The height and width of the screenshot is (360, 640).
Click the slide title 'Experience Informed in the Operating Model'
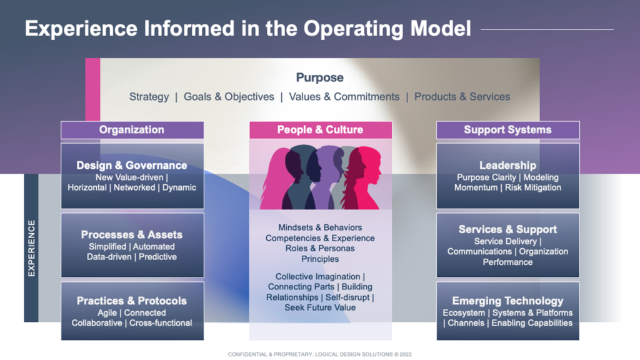point(248,29)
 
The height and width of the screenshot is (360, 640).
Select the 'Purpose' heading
point(319,77)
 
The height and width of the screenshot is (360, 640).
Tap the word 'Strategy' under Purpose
point(149,97)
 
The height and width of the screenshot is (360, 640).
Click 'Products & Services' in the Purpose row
point(462,97)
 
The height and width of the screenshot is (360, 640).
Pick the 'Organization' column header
point(132,130)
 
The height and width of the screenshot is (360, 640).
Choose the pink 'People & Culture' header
point(320,130)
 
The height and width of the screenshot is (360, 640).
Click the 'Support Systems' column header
point(507,130)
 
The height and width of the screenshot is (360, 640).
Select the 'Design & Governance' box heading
point(132,166)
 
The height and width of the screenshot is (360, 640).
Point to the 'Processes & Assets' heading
point(132,235)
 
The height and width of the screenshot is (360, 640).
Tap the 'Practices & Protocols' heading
point(132,301)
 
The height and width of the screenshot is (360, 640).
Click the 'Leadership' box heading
point(507,166)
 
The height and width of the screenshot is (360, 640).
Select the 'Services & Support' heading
point(507,229)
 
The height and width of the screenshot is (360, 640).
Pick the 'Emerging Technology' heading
point(507,301)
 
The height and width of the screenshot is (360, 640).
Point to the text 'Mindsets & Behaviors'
point(320,227)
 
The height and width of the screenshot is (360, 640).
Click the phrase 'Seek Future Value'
point(320,307)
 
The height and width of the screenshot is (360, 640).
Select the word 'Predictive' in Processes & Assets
point(157,257)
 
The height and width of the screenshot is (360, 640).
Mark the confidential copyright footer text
point(319,354)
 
